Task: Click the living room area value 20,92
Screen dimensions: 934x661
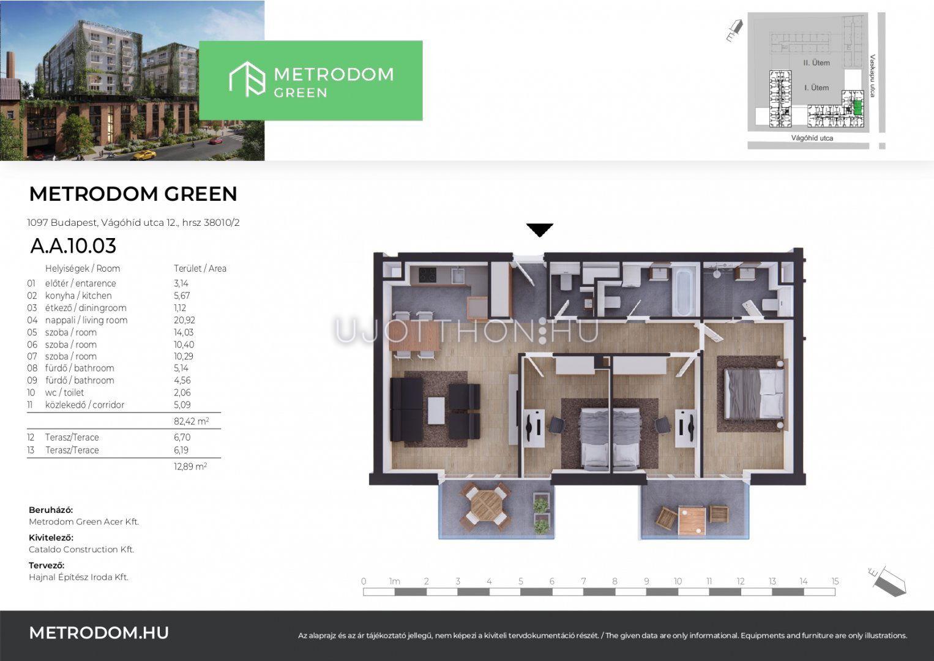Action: [x=184, y=320]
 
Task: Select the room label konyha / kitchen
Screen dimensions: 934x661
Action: [x=78, y=296]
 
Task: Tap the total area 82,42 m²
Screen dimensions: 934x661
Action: [x=192, y=421]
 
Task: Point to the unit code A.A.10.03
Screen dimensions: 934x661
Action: [x=73, y=245]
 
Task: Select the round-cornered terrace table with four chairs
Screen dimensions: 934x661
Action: [x=485, y=506]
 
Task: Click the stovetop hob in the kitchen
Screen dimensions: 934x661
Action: [x=427, y=275]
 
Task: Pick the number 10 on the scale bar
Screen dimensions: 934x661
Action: [x=678, y=581]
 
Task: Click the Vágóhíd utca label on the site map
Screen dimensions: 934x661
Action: [x=812, y=138]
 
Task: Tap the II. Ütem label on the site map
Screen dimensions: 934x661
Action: [x=816, y=63]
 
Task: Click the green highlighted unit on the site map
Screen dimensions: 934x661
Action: [x=857, y=108]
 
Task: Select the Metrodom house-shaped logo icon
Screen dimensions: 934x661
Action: [x=247, y=79]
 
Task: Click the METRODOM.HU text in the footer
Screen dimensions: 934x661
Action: [x=99, y=633]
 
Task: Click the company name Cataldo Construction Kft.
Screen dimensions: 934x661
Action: [x=81, y=550]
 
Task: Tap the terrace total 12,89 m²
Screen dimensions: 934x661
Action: [x=190, y=466]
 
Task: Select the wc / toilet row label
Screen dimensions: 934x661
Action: [x=65, y=393]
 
